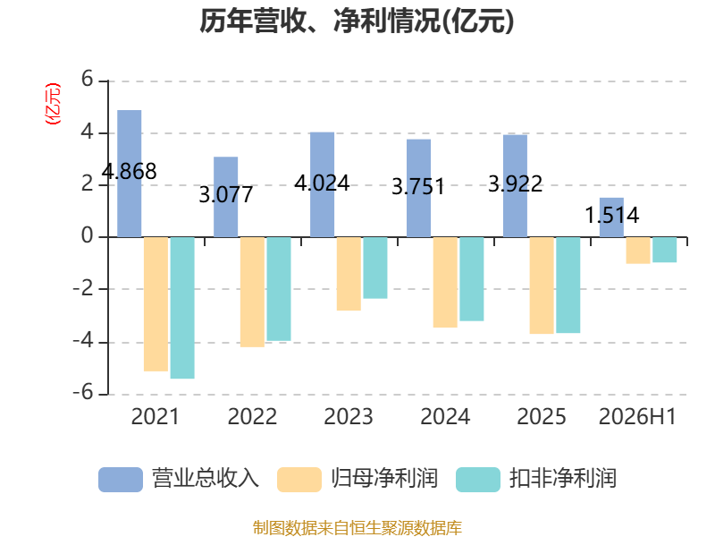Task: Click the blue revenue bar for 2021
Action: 129,174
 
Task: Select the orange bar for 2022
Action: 252,293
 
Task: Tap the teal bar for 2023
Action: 375,268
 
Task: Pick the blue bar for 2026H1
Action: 611,217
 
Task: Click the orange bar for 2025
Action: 542,286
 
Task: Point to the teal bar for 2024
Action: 472,279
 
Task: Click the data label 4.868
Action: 129,172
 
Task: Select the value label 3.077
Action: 226,195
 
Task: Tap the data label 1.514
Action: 612,215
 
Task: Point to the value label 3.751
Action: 418,187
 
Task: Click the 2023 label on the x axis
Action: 349,417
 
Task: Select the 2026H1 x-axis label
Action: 637,417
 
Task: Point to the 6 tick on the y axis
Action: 87,80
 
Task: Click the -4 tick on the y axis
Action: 83,341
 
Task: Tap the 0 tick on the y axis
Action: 87,236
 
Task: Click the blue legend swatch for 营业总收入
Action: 121,480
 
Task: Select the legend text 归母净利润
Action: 384,479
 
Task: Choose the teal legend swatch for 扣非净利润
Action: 478,480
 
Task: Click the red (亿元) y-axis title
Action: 53,104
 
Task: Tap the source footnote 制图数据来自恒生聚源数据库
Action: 357,528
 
